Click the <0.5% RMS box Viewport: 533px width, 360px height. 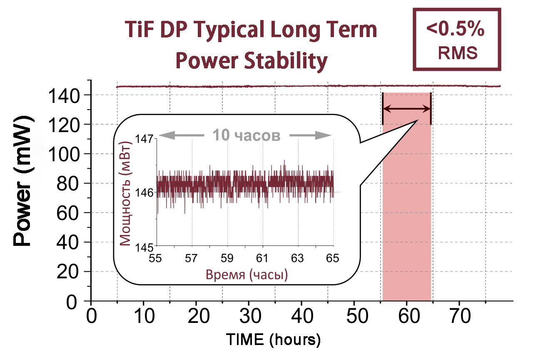point(456,39)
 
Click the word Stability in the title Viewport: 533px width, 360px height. point(283,61)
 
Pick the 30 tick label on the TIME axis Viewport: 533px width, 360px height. point(249,317)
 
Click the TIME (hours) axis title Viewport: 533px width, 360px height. point(273,340)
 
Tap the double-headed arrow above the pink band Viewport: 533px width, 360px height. point(406,109)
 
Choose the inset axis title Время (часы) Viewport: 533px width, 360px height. point(247,275)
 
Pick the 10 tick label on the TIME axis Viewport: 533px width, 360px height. point(143,317)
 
